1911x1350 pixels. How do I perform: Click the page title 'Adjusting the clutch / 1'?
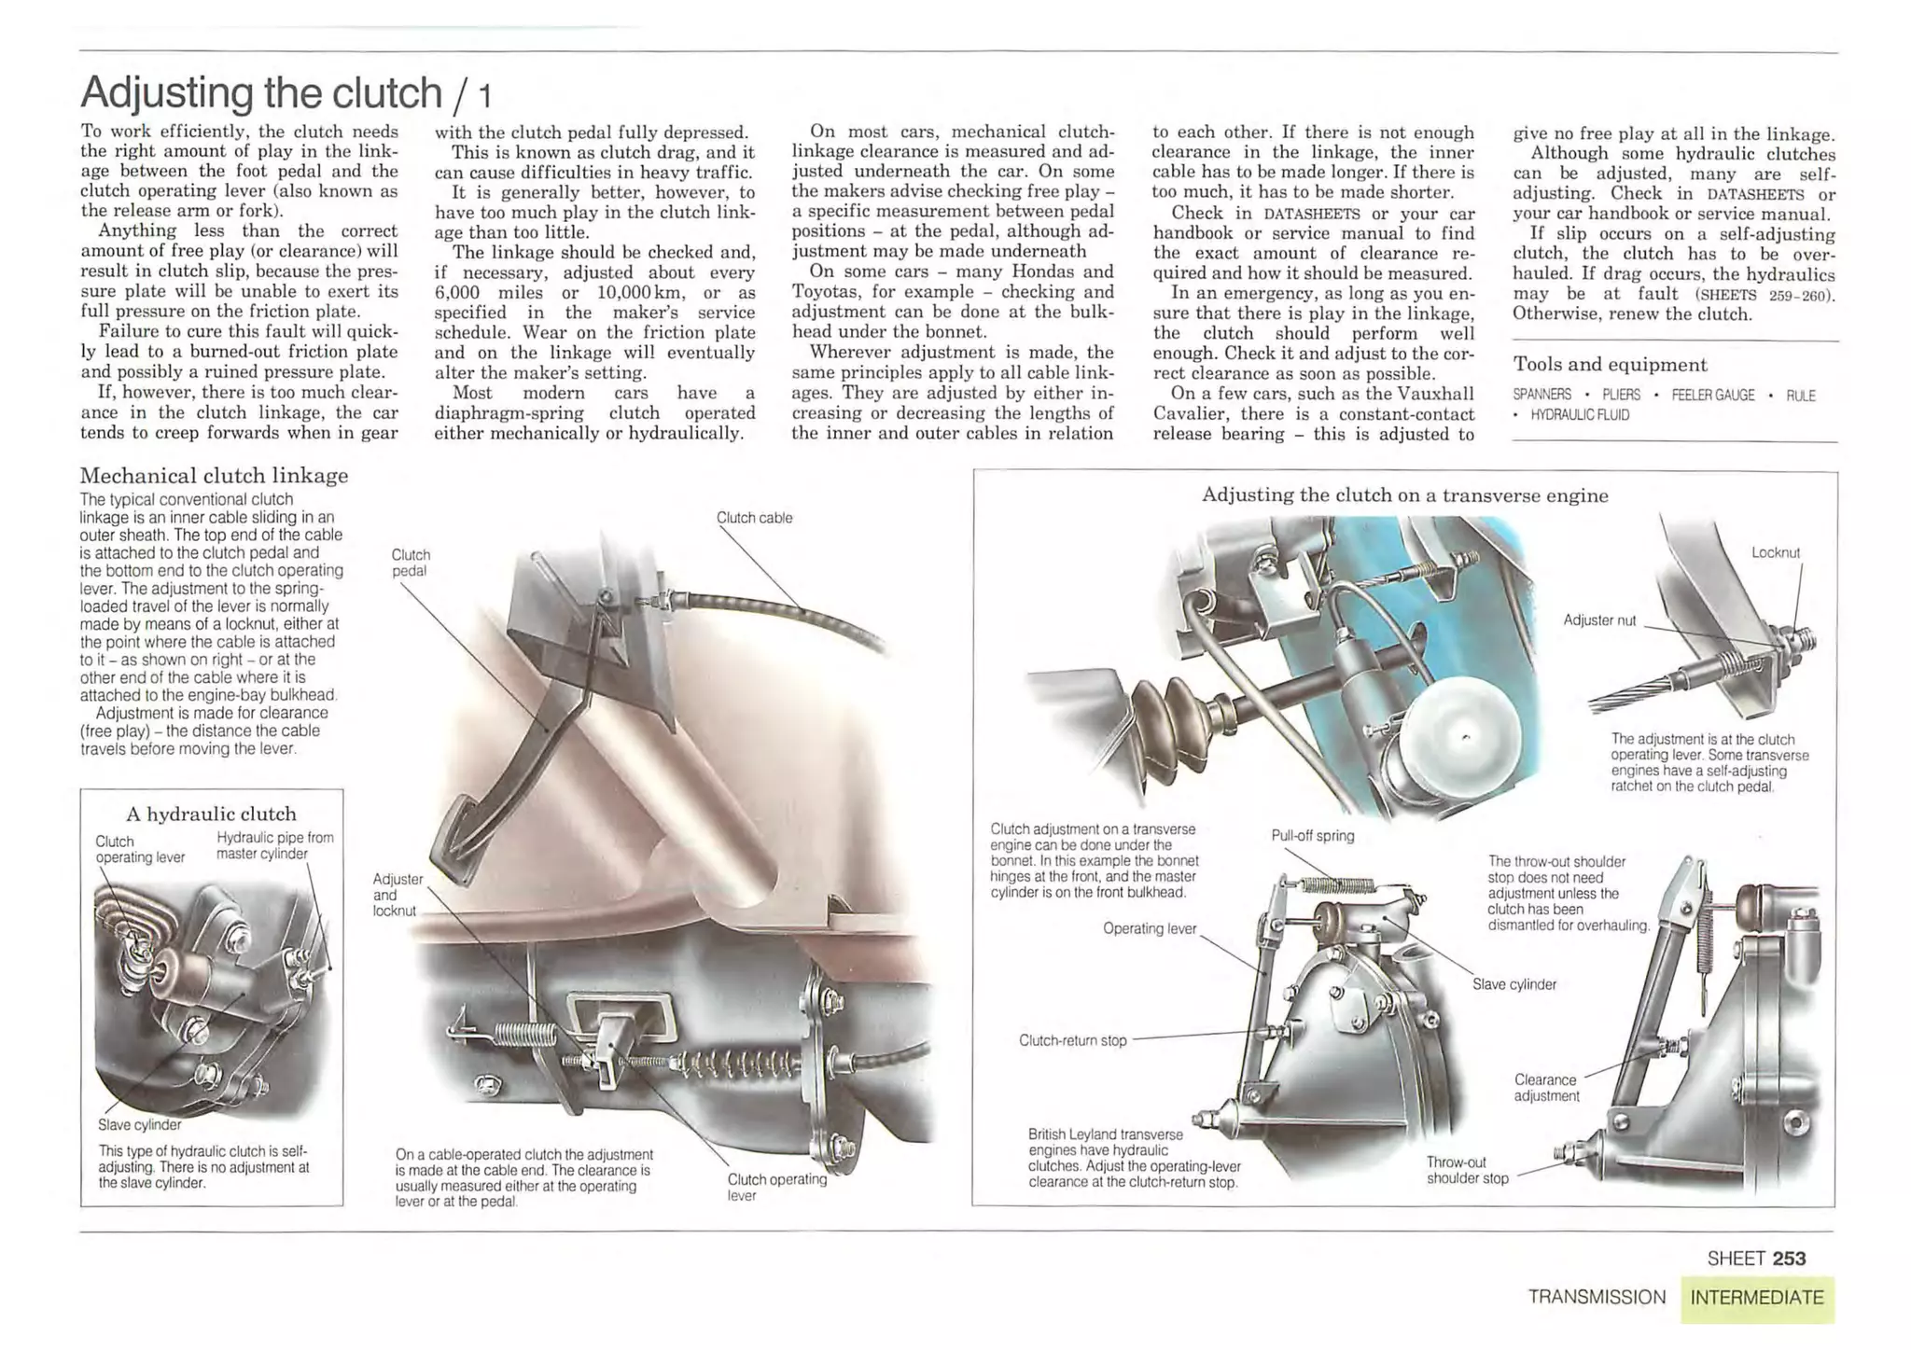pyautogui.click(x=285, y=92)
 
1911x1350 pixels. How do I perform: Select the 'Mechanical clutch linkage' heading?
pyautogui.click(x=214, y=476)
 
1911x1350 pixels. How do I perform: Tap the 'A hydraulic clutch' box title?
pyautogui.click(x=211, y=814)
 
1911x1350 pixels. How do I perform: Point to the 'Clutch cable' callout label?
pyautogui.click(x=754, y=518)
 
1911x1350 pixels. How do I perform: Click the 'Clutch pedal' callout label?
pyautogui.click(x=411, y=563)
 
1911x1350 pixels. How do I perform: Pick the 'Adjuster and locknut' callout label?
pyautogui.click(x=397, y=895)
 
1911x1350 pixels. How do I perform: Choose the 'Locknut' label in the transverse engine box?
pyautogui.click(x=1775, y=552)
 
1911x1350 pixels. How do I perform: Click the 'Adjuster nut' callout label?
pyautogui.click(x=1599, y=620)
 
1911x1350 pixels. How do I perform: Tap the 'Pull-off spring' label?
pyautogui.click(x=1312, y=836)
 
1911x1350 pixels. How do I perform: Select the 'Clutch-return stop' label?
pyautogui.click(x=1072, y=1040)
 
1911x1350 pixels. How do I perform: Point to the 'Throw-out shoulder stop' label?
pyautogui.click(x=1466, y=1170)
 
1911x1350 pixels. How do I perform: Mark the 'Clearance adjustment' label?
pyautogui.click(x=1545, y=1088)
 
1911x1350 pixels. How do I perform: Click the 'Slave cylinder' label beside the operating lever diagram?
pyautogui.click(x=1513, y=984)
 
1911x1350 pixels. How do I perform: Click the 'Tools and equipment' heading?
pyautogui.click(x=1610, y=365)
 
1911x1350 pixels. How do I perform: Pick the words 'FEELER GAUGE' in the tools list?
pyautogui.click(x=1712, y=396)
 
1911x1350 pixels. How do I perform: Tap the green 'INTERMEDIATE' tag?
pyautogui.click(x=1756, y=1298)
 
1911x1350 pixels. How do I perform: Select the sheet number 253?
pyautogui.click(x=1789, y=1259)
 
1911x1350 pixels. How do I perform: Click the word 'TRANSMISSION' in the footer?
pyautogui.click(x=1596, y=1298)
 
